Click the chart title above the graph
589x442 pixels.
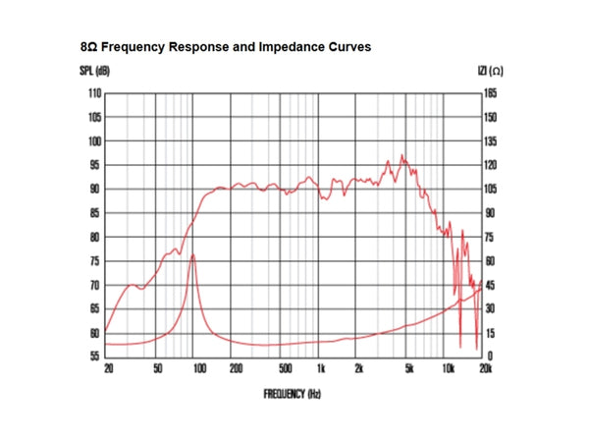click(226, 46)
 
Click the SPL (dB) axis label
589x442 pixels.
click(95, 71)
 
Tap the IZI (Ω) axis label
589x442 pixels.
click(490, 71)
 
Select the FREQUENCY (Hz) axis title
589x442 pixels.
click(293, 393)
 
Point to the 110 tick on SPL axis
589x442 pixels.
click(94, 93)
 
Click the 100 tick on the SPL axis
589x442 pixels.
click(94, 141)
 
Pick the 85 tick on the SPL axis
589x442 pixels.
click(95, 213)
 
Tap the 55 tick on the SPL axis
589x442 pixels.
click(95, 357)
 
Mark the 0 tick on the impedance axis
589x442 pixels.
click(490, 357)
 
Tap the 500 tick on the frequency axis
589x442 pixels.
click(285, 369)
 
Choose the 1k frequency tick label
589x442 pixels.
click(321, 369)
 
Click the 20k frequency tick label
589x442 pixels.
click(484, 369)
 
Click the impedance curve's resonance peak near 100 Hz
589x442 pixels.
click(193, 255)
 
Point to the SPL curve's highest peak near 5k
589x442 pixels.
click(402, 155)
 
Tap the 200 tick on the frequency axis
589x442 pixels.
click(236, 369)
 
